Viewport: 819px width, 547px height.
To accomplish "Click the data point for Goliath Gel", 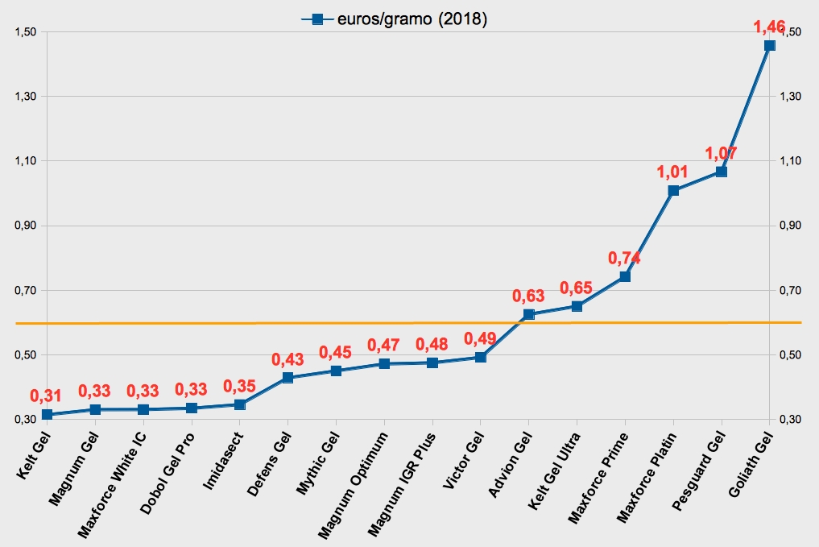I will [x=769, y=45].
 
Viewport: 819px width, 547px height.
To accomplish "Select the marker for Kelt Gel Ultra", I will [x=577, y=306].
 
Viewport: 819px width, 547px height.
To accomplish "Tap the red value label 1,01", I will [x=673, y=172].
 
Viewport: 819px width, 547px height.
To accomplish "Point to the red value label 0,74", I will [x=624, y=258].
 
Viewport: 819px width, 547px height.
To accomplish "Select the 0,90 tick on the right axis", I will [x=792, y=226].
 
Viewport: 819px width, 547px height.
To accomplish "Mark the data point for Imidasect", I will [x=239, y=404].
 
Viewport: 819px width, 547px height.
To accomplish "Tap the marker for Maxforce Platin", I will [x=673, y=191].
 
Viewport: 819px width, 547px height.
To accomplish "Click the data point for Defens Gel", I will [x=287, y=378].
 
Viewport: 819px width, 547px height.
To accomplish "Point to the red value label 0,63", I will [x=528, y=296].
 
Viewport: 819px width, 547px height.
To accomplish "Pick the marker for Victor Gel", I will [x=480, y=358].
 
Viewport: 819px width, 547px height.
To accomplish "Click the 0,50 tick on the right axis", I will [x=792, y=355].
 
